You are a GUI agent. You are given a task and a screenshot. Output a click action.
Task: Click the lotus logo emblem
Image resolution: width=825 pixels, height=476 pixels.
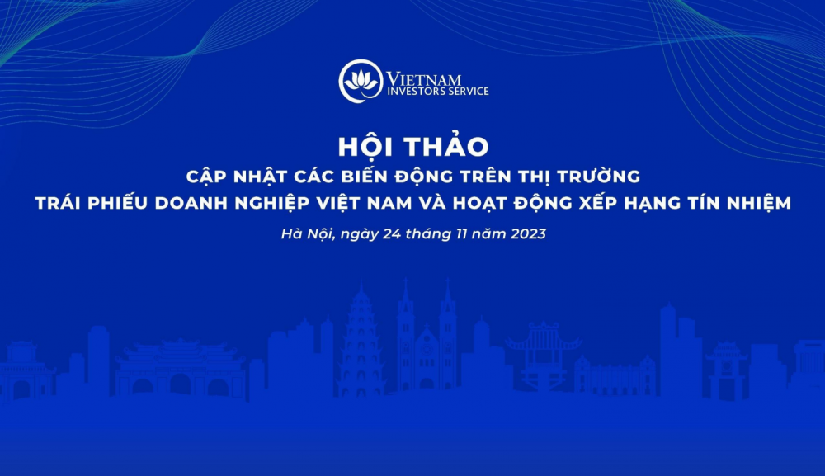(360, 80)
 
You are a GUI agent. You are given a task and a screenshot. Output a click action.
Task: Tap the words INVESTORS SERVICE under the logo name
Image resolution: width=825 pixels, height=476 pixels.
(438, 92)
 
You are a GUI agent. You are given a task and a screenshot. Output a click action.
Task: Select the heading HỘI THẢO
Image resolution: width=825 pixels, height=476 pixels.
(412, 146)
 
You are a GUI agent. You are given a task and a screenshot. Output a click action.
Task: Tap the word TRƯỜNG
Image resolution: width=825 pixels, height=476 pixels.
(602, 176)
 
